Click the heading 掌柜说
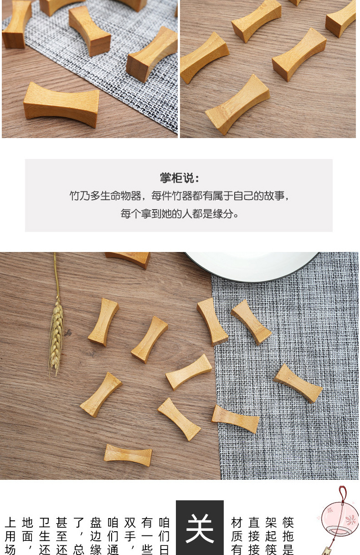[x=179, y=178]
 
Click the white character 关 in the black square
[x=200, y=528]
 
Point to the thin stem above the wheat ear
[x=56, y=273]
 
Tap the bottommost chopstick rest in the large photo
[x=128, y=455]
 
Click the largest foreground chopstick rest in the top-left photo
[x=61, y=104]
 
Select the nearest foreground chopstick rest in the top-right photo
[x=237, y=105]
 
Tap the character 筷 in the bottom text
[x=288, y=522]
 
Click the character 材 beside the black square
[x=237, y=522]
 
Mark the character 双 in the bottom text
[x=130, y=522]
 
